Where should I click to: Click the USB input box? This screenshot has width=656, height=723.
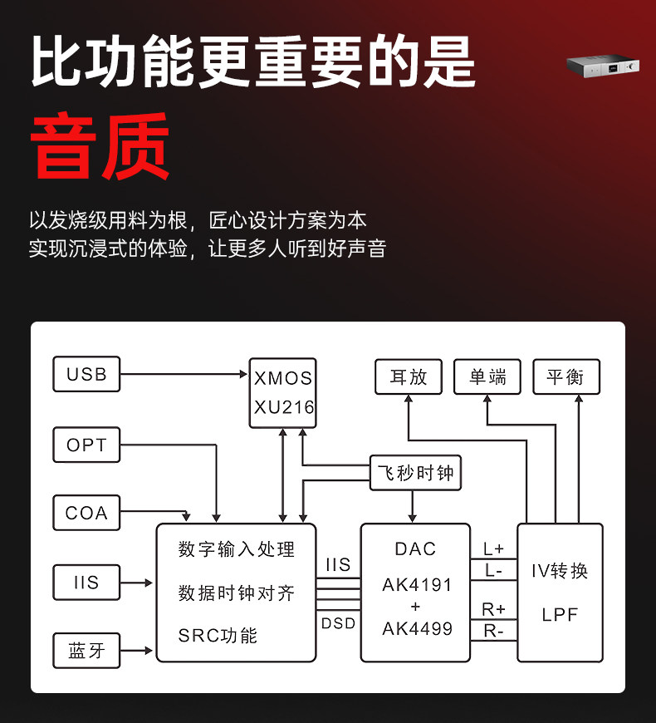pos(86,375)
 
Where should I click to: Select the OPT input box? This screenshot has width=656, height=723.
pos(86,445)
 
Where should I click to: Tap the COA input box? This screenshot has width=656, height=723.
pos(86,513)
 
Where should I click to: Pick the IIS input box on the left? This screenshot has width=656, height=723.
pos(86,583)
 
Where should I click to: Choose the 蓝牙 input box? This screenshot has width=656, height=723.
pos(86,651)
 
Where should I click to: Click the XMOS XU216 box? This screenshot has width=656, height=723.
pos(283,392)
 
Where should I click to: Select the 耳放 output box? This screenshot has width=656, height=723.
pos(409,376)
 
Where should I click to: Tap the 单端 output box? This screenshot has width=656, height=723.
pos(487,376)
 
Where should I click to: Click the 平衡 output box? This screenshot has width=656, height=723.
pos(565,376)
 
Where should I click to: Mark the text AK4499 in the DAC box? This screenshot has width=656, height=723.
pos(417,628)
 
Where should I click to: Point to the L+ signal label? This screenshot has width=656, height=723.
pos(493,549)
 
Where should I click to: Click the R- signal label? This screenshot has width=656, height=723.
pos(493,631)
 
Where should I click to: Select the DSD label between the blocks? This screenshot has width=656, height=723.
pos(338,622)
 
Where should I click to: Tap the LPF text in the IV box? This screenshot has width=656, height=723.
pos(560,616)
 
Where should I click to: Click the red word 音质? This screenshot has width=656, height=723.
pos(100,145)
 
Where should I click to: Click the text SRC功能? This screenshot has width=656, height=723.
pos(218,636)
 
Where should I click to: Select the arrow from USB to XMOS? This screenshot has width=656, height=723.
pos(184,375)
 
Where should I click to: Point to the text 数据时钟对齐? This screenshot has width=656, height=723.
pos(236,593)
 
